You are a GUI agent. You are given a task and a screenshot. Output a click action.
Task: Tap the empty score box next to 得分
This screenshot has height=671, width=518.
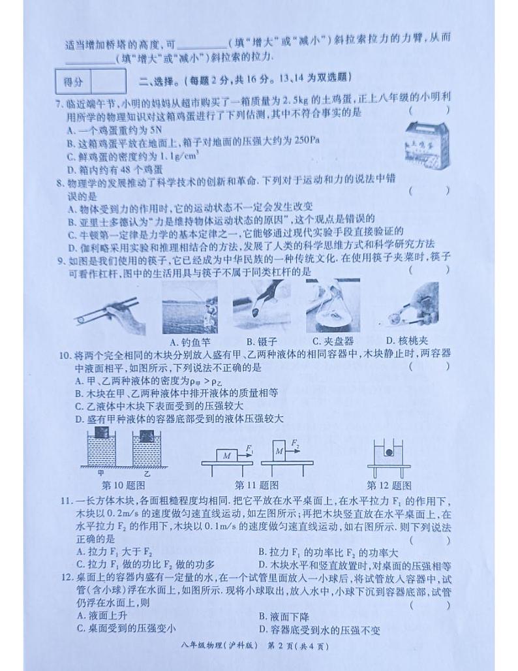pos(108,82)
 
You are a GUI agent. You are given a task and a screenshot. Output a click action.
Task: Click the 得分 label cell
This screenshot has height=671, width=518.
pos(73,82)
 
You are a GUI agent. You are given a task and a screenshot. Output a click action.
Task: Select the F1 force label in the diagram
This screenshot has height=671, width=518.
pos(249,447)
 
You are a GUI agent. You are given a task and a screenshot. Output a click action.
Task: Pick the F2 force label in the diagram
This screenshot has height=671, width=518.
pos(295,444)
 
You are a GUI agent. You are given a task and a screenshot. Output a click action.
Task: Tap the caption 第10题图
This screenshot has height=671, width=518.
pos(123,485)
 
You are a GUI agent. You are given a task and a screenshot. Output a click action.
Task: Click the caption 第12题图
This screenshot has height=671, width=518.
pos(388,485)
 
